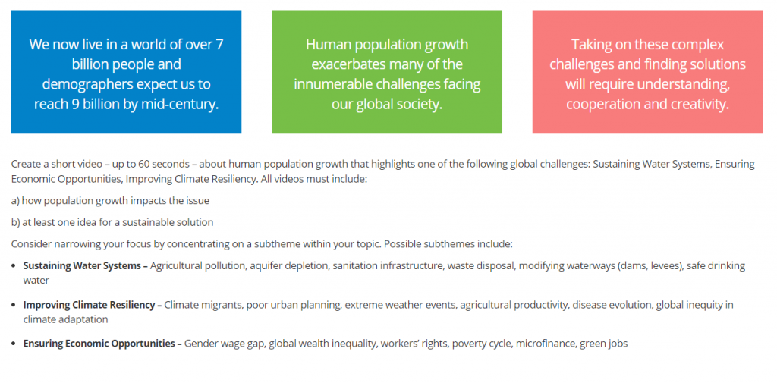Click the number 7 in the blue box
[x=219, y=45]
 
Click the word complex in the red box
[x=698, y=45]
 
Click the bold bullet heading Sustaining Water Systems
[x=82, y=266]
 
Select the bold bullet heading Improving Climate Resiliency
[x=90, y=305]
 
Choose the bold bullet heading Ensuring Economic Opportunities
[x=99, y=344]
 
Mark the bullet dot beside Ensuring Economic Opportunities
[x=14, y=344]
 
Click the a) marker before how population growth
[x=15, y=201]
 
